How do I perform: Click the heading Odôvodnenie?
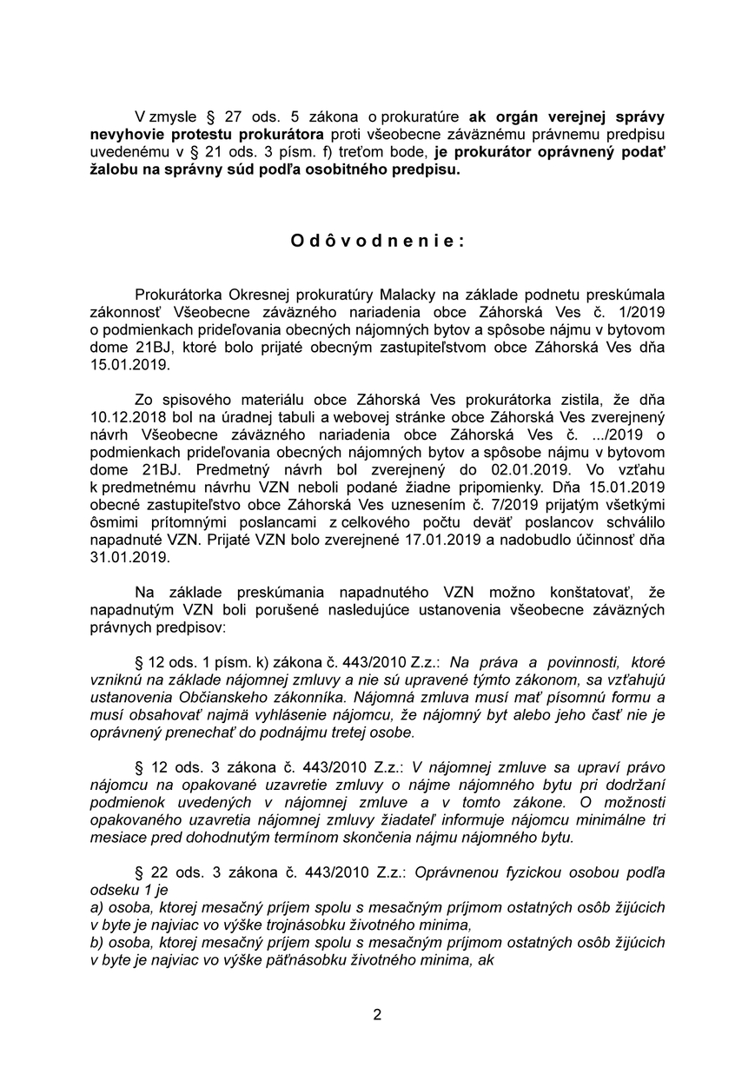[x=377, y=242]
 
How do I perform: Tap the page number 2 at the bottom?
[x=377, y=1014]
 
